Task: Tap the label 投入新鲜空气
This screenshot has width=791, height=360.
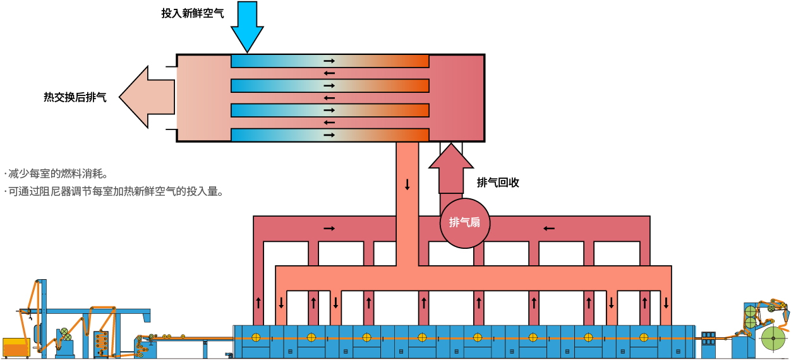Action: click(193, 13)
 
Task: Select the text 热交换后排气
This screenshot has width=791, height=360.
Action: click(75, 97)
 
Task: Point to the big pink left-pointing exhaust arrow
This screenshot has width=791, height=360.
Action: click(147, 97)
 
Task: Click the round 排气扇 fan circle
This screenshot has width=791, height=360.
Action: click(465, 223)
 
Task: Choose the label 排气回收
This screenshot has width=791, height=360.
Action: click(498, 183)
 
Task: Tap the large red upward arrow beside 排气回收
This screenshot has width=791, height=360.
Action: click(451, 169)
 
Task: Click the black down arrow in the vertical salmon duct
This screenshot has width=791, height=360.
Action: click(407, 184)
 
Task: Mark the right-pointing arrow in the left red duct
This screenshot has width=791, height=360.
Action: click(329, 229)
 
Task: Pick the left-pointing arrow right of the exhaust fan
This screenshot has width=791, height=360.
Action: click(549, 229)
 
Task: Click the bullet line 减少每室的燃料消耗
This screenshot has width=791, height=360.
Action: click(56, 174)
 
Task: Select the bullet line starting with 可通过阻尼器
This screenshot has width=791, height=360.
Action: click(114, 191)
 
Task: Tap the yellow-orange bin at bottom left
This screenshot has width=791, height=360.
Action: click(16, 347)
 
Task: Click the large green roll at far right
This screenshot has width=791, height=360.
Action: click(773, 338)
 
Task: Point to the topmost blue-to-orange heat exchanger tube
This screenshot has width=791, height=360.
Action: click(330, 61)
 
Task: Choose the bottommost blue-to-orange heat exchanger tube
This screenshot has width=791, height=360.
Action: click(330, 135)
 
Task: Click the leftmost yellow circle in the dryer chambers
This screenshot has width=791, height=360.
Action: click(256, 337)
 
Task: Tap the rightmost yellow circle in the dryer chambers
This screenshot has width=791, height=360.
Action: click(644, 337)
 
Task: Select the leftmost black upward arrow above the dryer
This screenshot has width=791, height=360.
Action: click(258, 303)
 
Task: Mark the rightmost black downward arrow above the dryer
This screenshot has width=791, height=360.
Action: click(666, 303)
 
